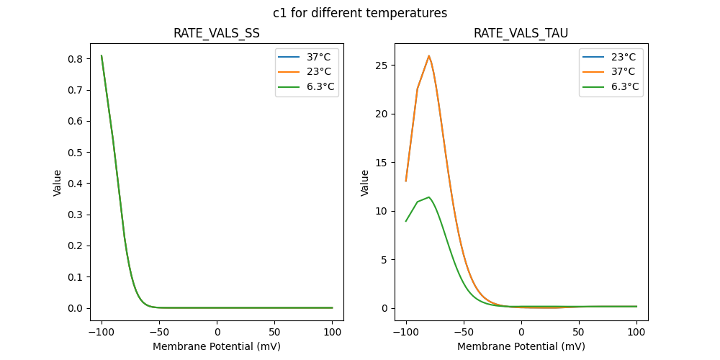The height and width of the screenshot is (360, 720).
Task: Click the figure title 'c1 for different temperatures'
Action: click(x=360, y=13)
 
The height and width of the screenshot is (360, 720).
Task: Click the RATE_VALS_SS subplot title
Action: click(x=217, y=34)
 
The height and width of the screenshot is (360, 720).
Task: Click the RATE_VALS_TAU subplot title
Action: click(x=521, y=34)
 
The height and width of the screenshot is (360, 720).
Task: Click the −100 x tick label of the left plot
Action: click(x=102, y=332)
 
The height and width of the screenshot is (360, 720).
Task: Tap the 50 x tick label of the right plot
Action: click(x=579, y=332)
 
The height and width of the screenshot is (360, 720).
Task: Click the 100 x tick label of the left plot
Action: click(x=333, y=332)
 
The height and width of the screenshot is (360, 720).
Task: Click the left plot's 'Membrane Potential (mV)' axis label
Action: click(x=217, y=346)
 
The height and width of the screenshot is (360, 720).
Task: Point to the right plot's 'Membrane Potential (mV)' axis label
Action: click(x=521, y=346)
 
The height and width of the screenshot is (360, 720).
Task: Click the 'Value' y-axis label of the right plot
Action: click(x=365, y=183)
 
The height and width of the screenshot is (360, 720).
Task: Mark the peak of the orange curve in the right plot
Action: click(x=429, y=55)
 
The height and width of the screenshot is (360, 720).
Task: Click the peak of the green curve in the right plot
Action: click(x=429, y=197)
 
